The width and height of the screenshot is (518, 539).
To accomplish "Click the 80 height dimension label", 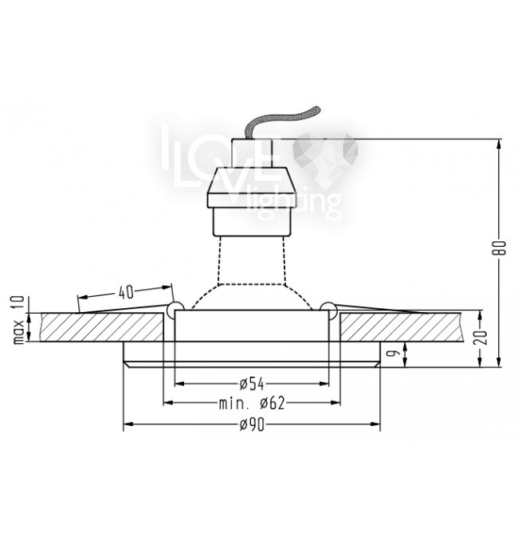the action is tap(502, 248).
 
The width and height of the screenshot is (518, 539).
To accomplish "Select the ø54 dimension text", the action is tap(252, 384).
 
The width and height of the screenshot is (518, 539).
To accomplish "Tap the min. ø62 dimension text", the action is tap(252, 403).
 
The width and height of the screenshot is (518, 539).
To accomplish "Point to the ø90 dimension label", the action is tap(252, 425).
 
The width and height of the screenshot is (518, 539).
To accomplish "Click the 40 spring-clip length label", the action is tap(126, 292).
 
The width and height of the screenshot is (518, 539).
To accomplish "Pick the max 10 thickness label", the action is tap(19, 320).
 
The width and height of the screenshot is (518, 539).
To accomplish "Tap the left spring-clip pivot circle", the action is tap(175, 310).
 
